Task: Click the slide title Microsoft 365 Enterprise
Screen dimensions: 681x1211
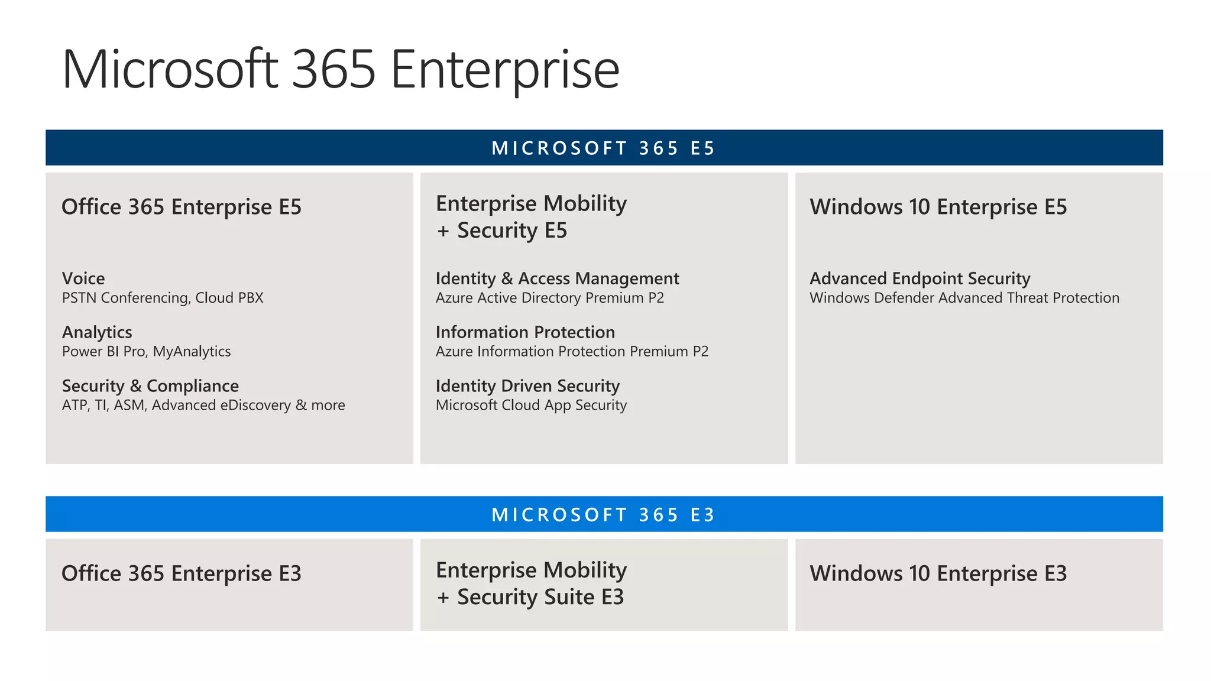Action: coord(341,70)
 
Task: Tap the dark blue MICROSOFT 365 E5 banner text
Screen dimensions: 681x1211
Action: coord(603,148)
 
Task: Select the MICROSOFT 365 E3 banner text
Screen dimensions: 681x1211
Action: coord(603,514)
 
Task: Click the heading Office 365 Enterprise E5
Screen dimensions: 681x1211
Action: coord(182,207)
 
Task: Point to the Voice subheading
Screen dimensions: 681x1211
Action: coord(83,278)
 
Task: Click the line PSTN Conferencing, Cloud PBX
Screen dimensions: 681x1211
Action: coord(163,298)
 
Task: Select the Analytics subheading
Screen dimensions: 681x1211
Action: coord(97,332)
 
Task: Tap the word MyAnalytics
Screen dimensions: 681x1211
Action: coord(192,352)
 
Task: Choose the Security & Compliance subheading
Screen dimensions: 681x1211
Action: coord(150,386)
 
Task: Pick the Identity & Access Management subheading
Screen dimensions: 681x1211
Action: coord(557,278)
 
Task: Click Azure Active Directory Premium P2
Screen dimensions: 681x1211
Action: coord(550,298)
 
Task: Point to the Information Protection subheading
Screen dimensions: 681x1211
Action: coord(525,332)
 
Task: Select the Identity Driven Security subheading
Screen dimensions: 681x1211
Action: coord(527,386)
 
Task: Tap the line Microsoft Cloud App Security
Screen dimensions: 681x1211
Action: coord(531,406)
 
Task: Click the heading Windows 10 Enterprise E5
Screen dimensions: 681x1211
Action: coord(938,207)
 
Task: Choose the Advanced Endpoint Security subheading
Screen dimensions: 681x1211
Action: coord(920,278)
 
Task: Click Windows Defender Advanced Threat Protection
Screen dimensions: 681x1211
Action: coord(964,298)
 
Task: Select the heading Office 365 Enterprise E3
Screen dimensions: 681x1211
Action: coord(182,573)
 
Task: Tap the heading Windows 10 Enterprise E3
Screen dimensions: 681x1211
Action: coord(938,573)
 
